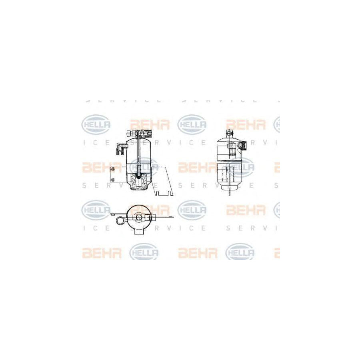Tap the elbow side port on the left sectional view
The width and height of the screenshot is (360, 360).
(x=120, y=150)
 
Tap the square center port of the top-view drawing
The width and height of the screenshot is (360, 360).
(x=138, y=217)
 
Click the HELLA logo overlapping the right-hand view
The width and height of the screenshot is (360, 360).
(x=240, y=167)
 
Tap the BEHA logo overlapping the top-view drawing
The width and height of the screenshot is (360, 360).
(x=150, y=209)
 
